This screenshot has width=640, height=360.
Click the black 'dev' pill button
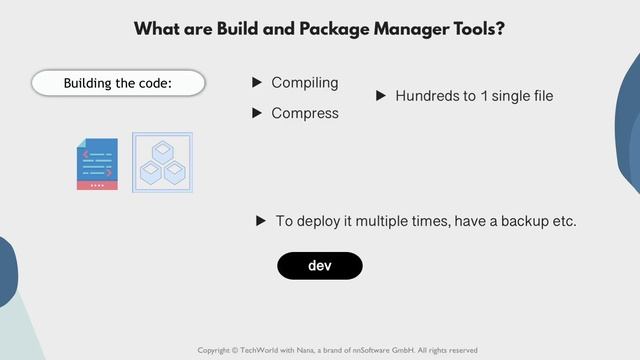[x=319, y=265]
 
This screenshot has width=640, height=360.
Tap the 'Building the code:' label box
[x=118, y=83]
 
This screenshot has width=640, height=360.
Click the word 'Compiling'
[x=305, y=82]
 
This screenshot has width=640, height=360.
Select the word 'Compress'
[x=305, y=113]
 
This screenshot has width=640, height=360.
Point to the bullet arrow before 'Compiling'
[x=257, y=82]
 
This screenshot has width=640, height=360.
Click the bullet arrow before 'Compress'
[x=257, y=113]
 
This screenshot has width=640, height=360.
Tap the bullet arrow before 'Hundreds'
[x=380, y=96]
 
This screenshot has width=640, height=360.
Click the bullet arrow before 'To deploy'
[x=261, y=220]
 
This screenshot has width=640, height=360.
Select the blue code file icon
[x=97, y=160]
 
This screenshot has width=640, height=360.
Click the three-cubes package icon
[x=162, y=162]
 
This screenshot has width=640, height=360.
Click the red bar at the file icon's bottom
[x=97, y=185]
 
